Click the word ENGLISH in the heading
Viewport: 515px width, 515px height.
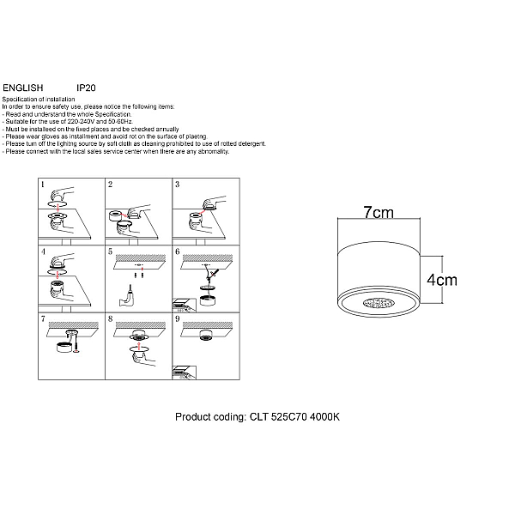22,88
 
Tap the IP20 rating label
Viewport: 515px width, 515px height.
86,88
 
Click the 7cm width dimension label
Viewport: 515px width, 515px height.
379,212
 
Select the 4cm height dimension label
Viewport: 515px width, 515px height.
442,280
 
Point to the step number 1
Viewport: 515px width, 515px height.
42,185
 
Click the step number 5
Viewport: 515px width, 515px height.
110,251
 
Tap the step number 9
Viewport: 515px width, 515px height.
178,319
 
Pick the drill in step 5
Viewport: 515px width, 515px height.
127,297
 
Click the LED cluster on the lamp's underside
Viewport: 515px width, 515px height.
379,303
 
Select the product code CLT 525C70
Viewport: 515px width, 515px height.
278,417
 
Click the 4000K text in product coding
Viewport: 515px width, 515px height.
324,417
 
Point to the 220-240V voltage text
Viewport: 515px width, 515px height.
82,122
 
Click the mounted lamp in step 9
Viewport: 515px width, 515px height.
207,335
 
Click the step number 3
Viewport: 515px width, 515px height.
178,185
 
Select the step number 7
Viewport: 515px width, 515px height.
43,319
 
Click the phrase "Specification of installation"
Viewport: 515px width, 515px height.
39,100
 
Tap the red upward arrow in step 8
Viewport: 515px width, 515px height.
138,345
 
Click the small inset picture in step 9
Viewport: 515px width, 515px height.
185,373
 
